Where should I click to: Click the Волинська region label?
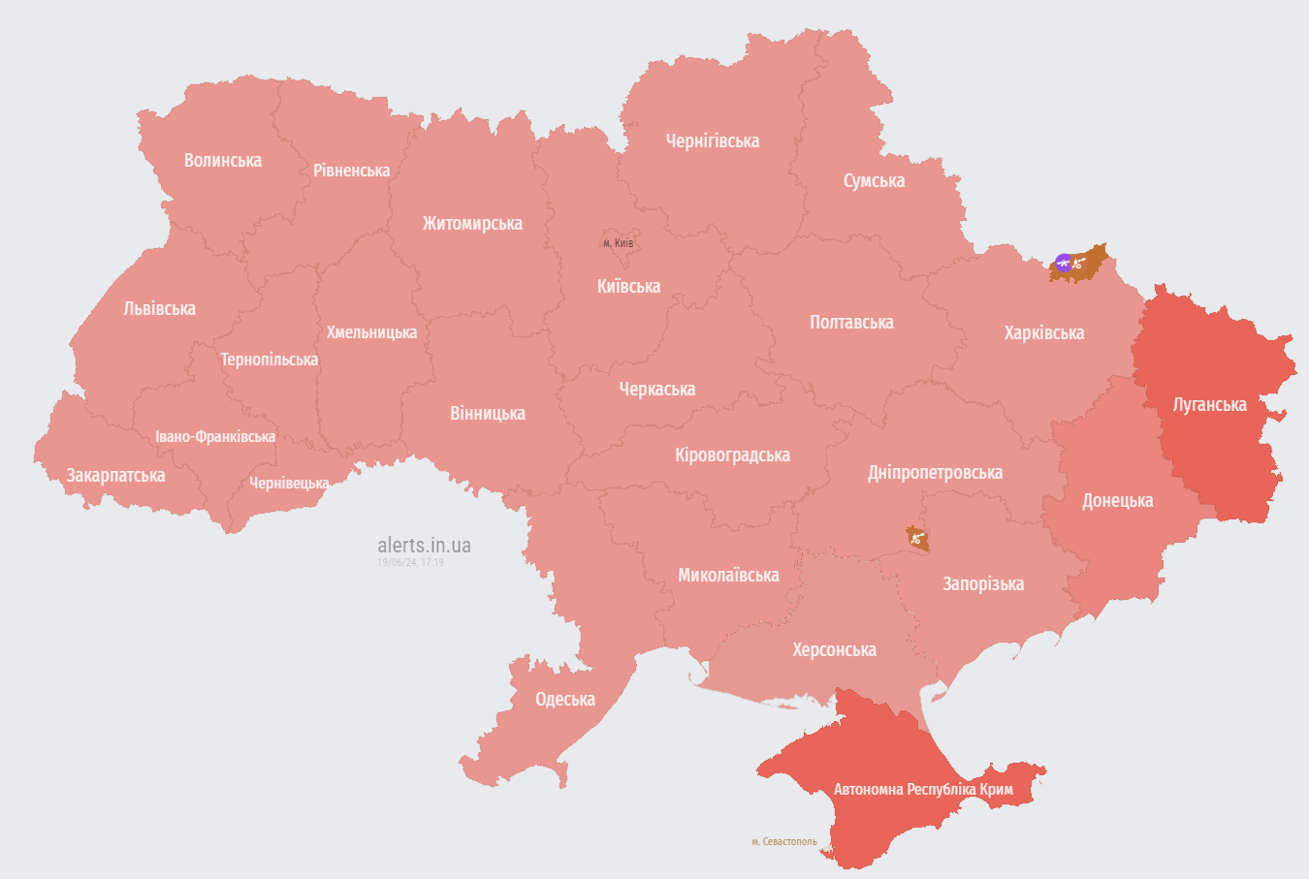point(223,161)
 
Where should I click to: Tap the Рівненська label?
point(351,171)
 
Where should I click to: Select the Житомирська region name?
point(472,224)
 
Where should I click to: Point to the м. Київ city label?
point(618,243)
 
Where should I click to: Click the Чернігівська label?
point(713,141)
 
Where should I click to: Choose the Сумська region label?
point(874,181)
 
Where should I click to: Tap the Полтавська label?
point(851,323)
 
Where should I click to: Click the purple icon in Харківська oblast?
point(1064,262)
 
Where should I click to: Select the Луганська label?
point(1209,405)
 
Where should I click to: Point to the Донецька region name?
point(1117,501)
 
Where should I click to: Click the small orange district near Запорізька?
point(917,538)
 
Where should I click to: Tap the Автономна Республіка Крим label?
point(923,790)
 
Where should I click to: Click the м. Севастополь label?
point(783,842)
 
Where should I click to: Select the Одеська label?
point(565,700)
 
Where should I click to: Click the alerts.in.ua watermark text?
point(424,546)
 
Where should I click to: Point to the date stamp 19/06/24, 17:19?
point(410,562)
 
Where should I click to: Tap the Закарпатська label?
point(115,476)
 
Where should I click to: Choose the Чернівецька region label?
point(289,484)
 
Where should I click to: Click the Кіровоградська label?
point(732,455)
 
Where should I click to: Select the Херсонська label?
point(834,650)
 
